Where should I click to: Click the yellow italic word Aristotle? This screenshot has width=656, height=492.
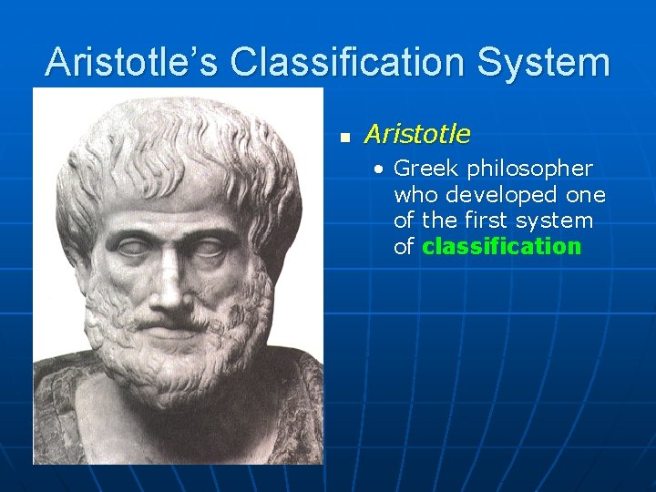click(x=417, y=135)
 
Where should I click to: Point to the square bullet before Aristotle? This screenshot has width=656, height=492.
click(x=344, y=138)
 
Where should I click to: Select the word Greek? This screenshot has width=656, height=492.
click(x=426, y=169)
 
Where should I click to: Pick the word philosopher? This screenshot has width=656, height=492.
click(x=529, y=169)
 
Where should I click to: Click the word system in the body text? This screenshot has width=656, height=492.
click(x=559, y=220)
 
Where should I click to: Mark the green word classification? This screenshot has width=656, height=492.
click(x=501, y=246)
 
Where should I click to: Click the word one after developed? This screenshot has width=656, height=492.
click(x=587, y=195)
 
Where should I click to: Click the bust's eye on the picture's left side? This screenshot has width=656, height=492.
click(x=131, y=247)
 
